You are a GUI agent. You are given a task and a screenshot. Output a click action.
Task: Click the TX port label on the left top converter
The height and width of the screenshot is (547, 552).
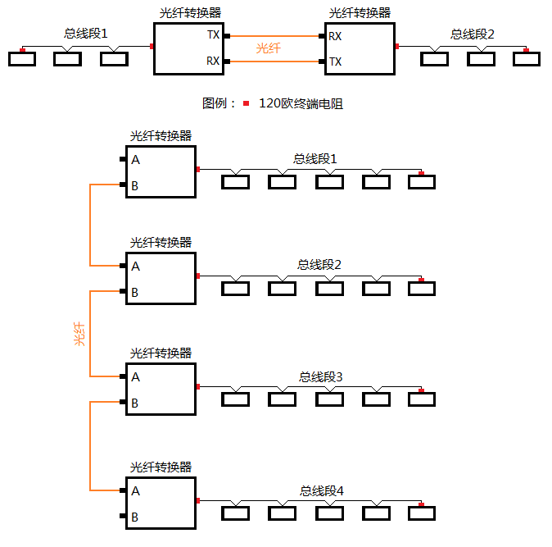pyautogui.click(x=213, y=36)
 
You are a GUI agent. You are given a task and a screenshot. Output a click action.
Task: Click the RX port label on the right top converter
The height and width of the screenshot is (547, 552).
pyautogui.click(x=335, y=36)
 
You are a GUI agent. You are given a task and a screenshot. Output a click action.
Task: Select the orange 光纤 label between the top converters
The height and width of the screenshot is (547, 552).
pyautogui.click(x=269, y=48)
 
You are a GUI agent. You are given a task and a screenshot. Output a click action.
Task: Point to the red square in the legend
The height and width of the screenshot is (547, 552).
pyautogui.click(x=246, y=103)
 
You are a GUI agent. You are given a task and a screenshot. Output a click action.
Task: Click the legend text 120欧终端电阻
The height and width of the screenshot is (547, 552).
pyautogui.click(x=301, y=103)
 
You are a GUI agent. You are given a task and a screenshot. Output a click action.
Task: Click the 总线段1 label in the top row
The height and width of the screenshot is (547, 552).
pyautogui.click(x=86, y=34)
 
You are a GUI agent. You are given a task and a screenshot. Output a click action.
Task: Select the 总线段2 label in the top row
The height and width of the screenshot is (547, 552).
pyautogui.click(x=473, y=34)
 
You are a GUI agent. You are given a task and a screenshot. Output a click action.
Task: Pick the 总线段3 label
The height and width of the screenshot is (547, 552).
pyautogui.click(x=320, y=376)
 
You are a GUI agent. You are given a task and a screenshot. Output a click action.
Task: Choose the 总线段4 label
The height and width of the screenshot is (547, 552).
pyautogui.click(x=321, y=490)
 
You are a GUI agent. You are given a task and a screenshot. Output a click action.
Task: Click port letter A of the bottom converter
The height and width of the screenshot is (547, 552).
pyautogui.click(x=135, y=491)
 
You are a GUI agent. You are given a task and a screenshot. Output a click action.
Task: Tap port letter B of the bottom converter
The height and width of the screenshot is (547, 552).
pyautogui.click(x=135, y=517)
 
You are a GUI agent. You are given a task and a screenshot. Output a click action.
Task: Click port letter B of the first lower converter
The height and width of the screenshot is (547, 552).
pyautogui.click(x=135, y=186)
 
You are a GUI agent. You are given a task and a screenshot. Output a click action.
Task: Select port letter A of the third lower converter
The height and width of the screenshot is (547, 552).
pyautogui.click(x=135, y=377)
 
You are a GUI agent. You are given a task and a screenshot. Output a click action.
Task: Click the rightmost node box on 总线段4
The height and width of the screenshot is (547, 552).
pyautogui.click(x=422, y=513)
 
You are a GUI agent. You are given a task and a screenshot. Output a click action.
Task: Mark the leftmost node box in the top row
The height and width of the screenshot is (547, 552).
pyautogui.click(x=22, y=59)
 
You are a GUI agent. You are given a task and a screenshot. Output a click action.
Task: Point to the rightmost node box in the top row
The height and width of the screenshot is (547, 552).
pyautogui.click(x=527, y=59)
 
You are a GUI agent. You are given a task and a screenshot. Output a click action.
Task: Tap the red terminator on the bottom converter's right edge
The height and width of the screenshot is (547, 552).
pyautogui.click(x=197, y=499)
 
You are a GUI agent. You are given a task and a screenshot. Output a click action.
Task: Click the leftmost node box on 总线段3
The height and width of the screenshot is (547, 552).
pyautogui.click(x=236, y=399)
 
